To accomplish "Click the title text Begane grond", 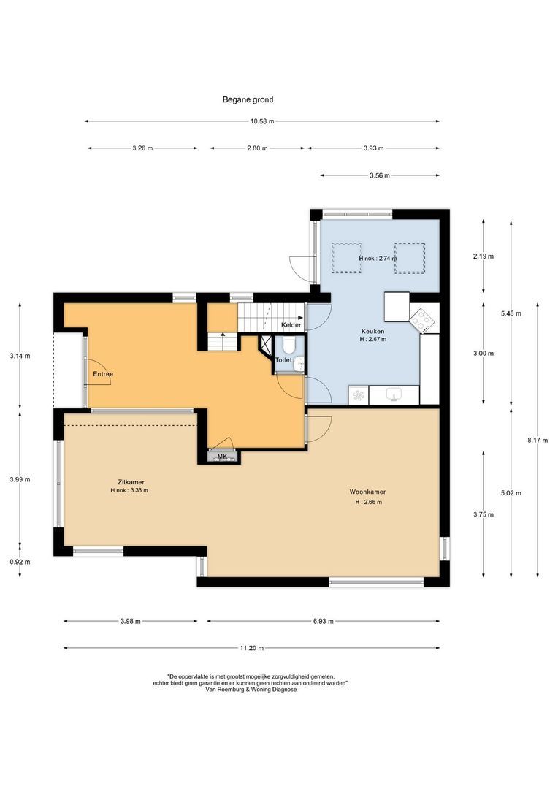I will pyautogui.click(x=248, y=99).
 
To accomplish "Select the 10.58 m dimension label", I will pyautogui.click(x=262, y=121).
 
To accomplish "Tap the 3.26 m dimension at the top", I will pyautogui.click(x=142, y=148).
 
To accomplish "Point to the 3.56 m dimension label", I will pyautogui.click(x=379, y=175).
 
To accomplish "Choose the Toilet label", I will pyautogui.click(x=283, y=360).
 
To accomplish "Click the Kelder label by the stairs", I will pyautogui.click(x=291, y=324).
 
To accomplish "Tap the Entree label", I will pyautogui.click(x=103, y=374).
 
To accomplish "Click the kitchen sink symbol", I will pyautogui.click(x=394, y=395).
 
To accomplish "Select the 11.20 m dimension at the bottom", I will pyautogui.click(x=251, y=648).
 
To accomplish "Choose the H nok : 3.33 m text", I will pyautogui.click(x=125, y=491).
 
